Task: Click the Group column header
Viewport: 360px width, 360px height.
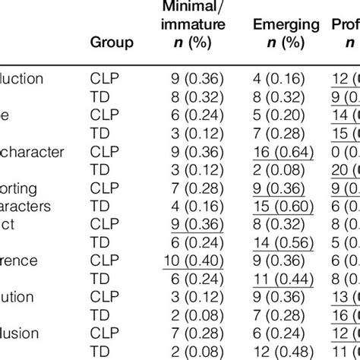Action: pyautogui.click(x=112, y=43)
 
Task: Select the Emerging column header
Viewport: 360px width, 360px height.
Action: pyautogui.click(x=286, y=24)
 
